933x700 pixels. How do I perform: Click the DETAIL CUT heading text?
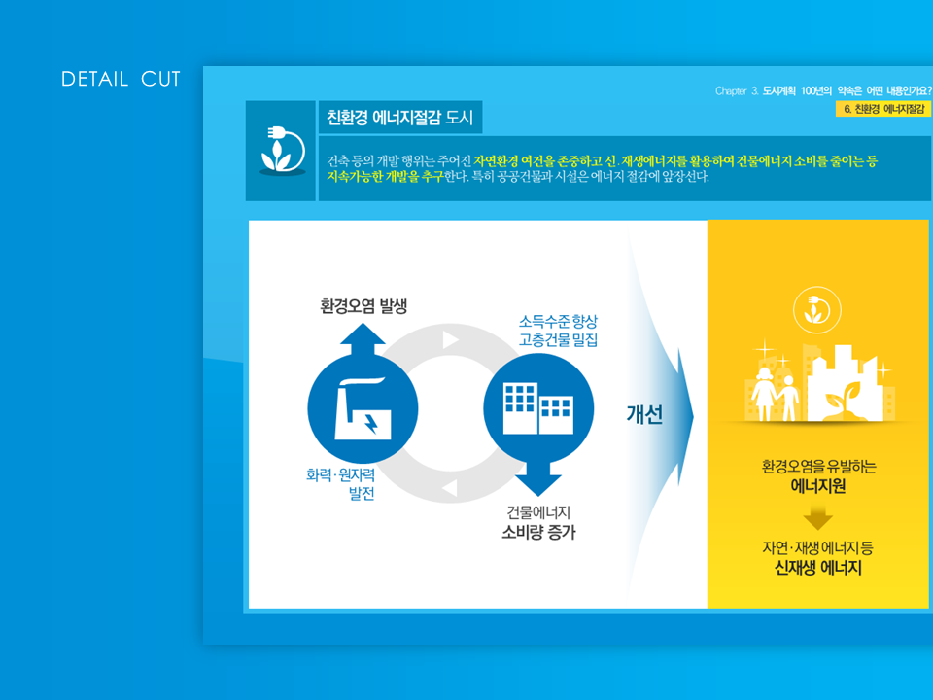click(121, 79)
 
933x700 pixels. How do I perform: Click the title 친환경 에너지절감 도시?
click(399, 118)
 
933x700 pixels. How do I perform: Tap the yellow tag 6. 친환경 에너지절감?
click(883, 109)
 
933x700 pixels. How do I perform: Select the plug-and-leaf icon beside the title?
click(283, 150)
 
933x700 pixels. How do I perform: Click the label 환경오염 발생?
click(363, 306)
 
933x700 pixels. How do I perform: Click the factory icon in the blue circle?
click(363, 408)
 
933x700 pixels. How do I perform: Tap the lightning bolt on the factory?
click(371, 423)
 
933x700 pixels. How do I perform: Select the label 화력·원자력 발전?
click(341, 484)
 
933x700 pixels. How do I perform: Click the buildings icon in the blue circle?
click(538, 408)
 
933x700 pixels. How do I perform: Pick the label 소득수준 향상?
click(558, 322)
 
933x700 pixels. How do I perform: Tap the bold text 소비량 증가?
click(539, 532)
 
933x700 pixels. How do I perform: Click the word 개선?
click(644, 414)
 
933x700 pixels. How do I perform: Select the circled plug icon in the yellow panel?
click(817, 310)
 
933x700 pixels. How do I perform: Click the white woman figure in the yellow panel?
click(763, 394)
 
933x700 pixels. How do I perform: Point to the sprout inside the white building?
click(844, 399)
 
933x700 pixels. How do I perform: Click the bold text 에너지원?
click(818, 486)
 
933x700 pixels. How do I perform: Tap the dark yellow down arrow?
click(818, 517)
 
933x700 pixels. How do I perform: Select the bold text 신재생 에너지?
click(818, 568)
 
